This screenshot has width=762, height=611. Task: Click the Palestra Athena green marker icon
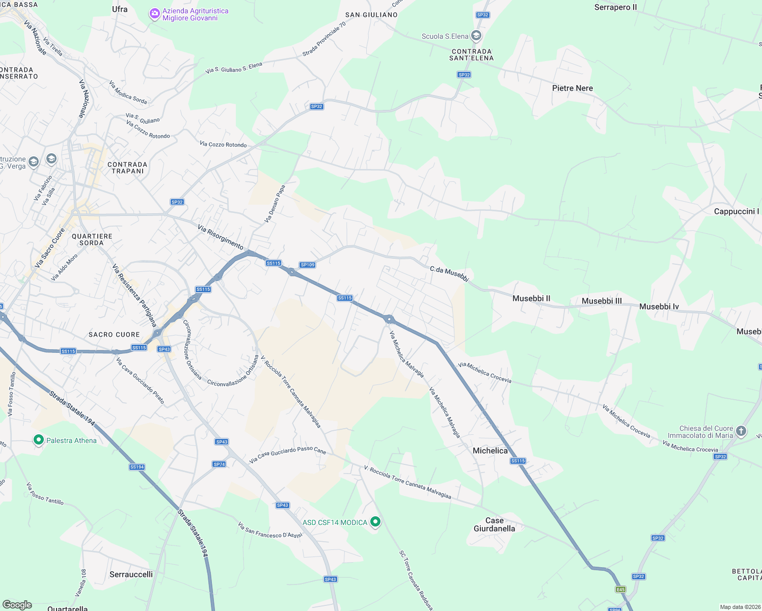pos(38,439)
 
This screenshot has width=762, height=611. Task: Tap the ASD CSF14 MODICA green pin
pos(375,521)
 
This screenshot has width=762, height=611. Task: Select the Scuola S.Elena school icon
pos(476,36)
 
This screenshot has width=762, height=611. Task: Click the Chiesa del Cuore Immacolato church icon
pos(741,431)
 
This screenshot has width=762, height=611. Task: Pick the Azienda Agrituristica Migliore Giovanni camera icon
pos(154,14)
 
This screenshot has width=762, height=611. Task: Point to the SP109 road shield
pos(308,265)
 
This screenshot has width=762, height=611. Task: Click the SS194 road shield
pos(137,467)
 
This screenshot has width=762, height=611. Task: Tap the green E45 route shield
pos(620,590)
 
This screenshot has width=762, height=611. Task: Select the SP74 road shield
pos(219,464)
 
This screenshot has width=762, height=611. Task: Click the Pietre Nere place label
pos(573,88)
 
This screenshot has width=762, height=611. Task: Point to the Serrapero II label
pos(615,7)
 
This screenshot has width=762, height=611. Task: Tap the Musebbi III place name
pos(602,301)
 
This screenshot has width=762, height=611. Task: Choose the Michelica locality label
pos(490,451)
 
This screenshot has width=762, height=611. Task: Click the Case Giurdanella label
pos(494,524)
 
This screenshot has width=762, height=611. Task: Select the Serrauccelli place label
pos(131,574)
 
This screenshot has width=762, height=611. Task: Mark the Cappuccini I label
pos(737,211)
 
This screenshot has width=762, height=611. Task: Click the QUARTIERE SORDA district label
pos(92,239)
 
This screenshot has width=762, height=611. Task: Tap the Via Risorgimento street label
pos(220,237)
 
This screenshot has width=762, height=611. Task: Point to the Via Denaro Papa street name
pos(275,204)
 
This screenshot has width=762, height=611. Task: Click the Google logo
pos(17,604)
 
